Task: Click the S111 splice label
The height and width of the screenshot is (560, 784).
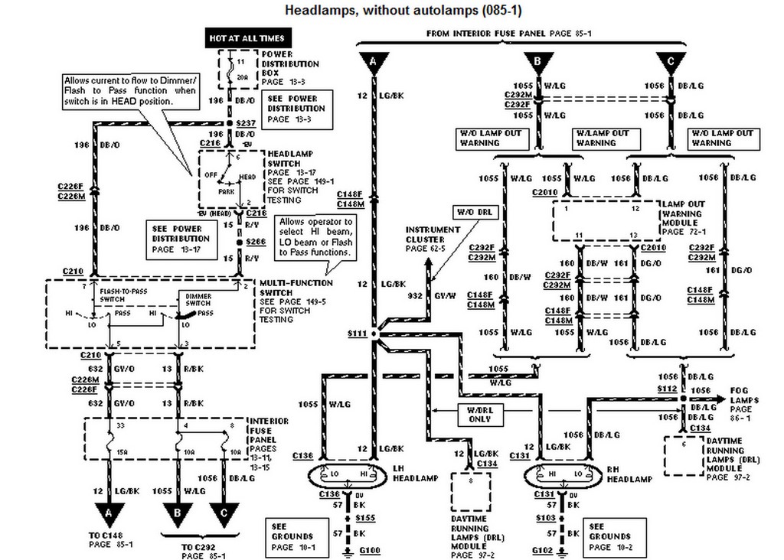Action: tap(357, 334)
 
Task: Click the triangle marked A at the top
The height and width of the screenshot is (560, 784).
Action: tap(373, 60)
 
